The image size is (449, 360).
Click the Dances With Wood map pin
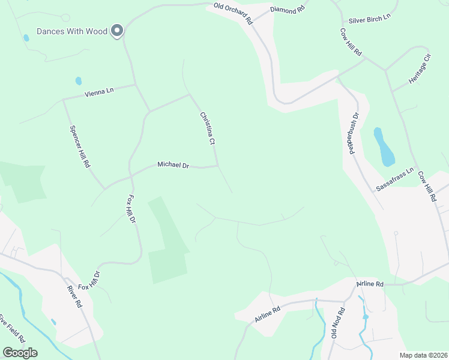(x=118, y=30)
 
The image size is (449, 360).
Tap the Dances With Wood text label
(x=72, y=31)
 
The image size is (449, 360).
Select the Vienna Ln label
(x=99, y=92)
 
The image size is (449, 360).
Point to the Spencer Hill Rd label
(x=79, y=146)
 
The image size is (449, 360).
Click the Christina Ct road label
(x=208, y=128)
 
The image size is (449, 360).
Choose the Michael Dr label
(x=173, y=164)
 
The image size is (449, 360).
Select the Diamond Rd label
(x=288, y=10)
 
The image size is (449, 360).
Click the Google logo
(x=20, y=353)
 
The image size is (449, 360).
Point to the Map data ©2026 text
(x=424, y=355)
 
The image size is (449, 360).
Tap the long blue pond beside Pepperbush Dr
(x=384, y=147)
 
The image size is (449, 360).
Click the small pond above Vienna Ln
(x=78, y=81)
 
